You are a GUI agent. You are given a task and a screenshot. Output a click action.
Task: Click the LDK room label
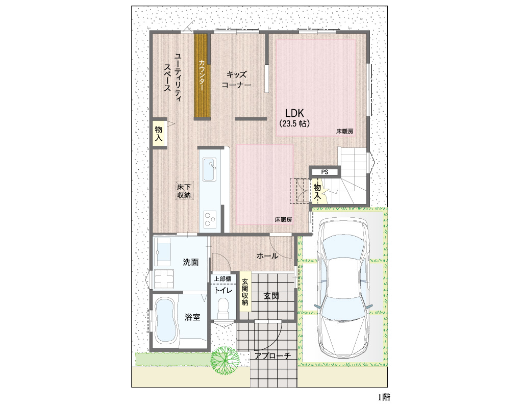[294, 113]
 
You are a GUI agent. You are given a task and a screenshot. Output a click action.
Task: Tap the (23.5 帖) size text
[294, 123]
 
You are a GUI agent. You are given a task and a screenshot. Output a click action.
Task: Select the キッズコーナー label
[236, 80]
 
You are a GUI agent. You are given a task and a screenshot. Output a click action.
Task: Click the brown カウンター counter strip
[202, 75]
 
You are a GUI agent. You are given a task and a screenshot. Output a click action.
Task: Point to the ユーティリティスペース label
[173, 78]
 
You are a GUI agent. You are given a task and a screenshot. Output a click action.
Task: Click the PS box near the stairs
[325, 172]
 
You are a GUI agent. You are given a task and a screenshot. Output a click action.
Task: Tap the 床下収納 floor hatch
[184, 191]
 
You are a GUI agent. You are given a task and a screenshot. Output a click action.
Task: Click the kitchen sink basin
[210, 169]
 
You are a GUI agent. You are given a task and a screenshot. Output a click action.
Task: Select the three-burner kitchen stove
[210, 220]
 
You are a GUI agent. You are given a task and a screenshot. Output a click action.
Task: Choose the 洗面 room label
[191, 262]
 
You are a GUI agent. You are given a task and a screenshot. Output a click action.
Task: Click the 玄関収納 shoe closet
[245, 292]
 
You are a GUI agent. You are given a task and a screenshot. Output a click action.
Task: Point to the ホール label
[267, 256]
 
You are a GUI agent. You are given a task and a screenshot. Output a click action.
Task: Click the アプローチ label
[272, 355]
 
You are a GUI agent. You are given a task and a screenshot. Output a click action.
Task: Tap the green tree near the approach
[225, 360]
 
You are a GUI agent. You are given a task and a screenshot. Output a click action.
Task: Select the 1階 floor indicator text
[384, 397]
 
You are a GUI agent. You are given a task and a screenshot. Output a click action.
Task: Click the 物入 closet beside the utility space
[159, 134]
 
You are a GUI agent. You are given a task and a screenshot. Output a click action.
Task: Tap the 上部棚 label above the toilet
[222, 278]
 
